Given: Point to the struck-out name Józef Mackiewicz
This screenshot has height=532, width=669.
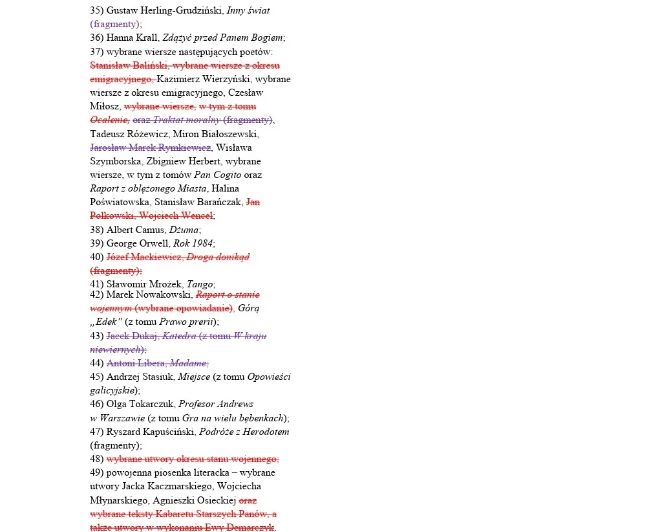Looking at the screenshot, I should coord(144,257).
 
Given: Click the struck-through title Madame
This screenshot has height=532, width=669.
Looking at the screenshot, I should coord(188,363).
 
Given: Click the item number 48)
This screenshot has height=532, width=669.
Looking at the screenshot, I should coord(97,459).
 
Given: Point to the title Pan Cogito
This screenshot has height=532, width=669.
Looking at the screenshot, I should coord(218,175).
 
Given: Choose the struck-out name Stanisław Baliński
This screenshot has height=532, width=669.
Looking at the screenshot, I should coord(129,65).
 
